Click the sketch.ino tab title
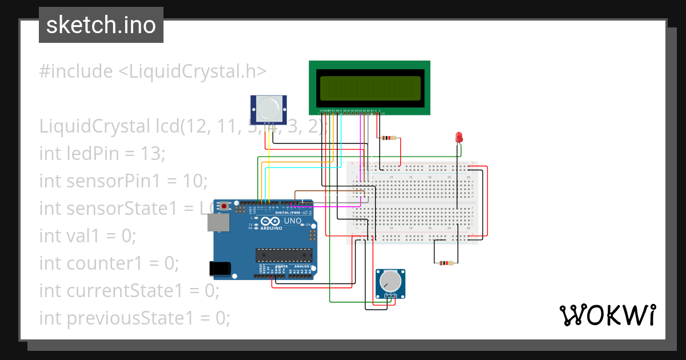101,25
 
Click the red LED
458,137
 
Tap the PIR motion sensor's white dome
269,107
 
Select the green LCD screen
370,87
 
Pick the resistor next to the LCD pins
389,138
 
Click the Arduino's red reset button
225,205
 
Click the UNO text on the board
292,221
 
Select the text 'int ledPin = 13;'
102,153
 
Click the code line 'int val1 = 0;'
87,235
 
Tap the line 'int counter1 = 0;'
109,263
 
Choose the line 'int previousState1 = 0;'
134,318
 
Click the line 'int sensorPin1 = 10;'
123,181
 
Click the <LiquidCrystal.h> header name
192,71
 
